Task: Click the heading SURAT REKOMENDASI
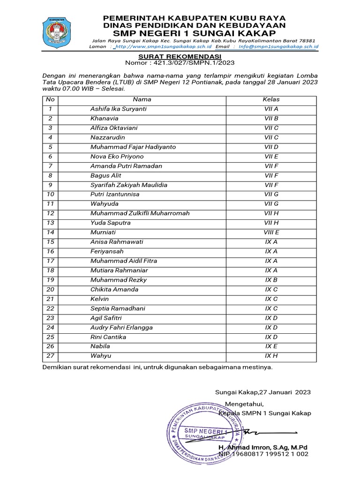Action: tap(180, 56)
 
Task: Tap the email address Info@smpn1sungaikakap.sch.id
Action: tap(278, 46)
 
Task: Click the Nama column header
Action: tap(142, 99)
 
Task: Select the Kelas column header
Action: tap(271, 99)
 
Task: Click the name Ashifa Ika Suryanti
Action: tap(119, 109)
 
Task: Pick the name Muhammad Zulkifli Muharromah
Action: tap(140, 213)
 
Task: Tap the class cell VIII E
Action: tap(271, 232)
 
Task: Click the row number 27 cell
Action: tap(51, 356)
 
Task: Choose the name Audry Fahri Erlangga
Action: tap(121, 327)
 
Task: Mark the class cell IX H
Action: tap(271, 356)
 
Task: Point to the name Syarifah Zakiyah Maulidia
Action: tap(128, 185)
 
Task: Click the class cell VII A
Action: tap(271, 109)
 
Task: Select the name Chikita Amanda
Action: tap(114, 289)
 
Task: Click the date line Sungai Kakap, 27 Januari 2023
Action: tap(262, 392)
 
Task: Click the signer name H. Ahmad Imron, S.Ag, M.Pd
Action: tap(262, 447)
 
